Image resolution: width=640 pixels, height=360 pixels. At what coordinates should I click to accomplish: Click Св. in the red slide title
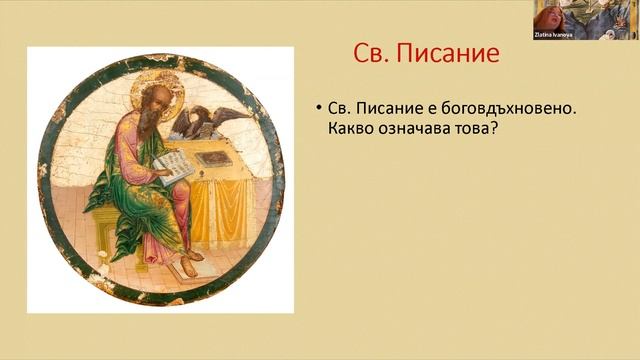coord(375,53)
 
